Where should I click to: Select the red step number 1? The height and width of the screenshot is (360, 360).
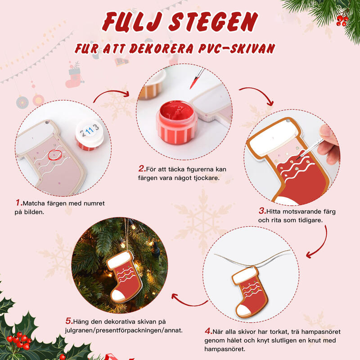pyautogui.click(x=18, y=203)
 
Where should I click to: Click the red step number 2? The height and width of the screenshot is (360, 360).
pyautogui.click(x=142, y=169)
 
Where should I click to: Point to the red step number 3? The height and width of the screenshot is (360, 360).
pyautogui.click(x=261, y=211)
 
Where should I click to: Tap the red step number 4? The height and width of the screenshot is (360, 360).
pyautogui.click(x=208, y=331)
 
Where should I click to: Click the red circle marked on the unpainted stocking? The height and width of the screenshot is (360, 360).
pyautogui.click(x=54, y=154)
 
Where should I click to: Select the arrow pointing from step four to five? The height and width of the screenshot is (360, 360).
pyautogui.click(x=189, y=299)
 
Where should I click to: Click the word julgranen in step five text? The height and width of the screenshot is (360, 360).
pyautogui.click(x=79, y=330)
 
